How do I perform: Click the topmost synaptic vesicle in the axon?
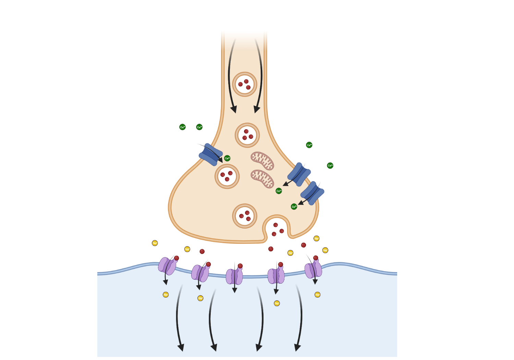245,84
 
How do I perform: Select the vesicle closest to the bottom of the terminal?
245,216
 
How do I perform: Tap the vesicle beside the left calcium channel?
227,176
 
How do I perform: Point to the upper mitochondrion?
262,161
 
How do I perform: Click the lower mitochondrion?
262,179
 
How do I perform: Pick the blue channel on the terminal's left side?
210,154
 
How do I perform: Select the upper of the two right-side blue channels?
299,174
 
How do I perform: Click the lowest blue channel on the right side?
312,193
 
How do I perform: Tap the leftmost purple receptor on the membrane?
167,266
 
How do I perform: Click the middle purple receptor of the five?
234,276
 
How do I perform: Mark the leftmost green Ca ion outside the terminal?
182,127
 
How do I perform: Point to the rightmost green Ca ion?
330,166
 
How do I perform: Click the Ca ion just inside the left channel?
227,158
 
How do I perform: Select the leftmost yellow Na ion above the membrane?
155,243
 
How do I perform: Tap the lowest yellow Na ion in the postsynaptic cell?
277,303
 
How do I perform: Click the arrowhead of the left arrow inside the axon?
234,110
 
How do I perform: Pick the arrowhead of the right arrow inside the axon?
257,110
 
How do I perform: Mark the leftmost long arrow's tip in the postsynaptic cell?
181,348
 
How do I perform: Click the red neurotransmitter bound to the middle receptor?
240,266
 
